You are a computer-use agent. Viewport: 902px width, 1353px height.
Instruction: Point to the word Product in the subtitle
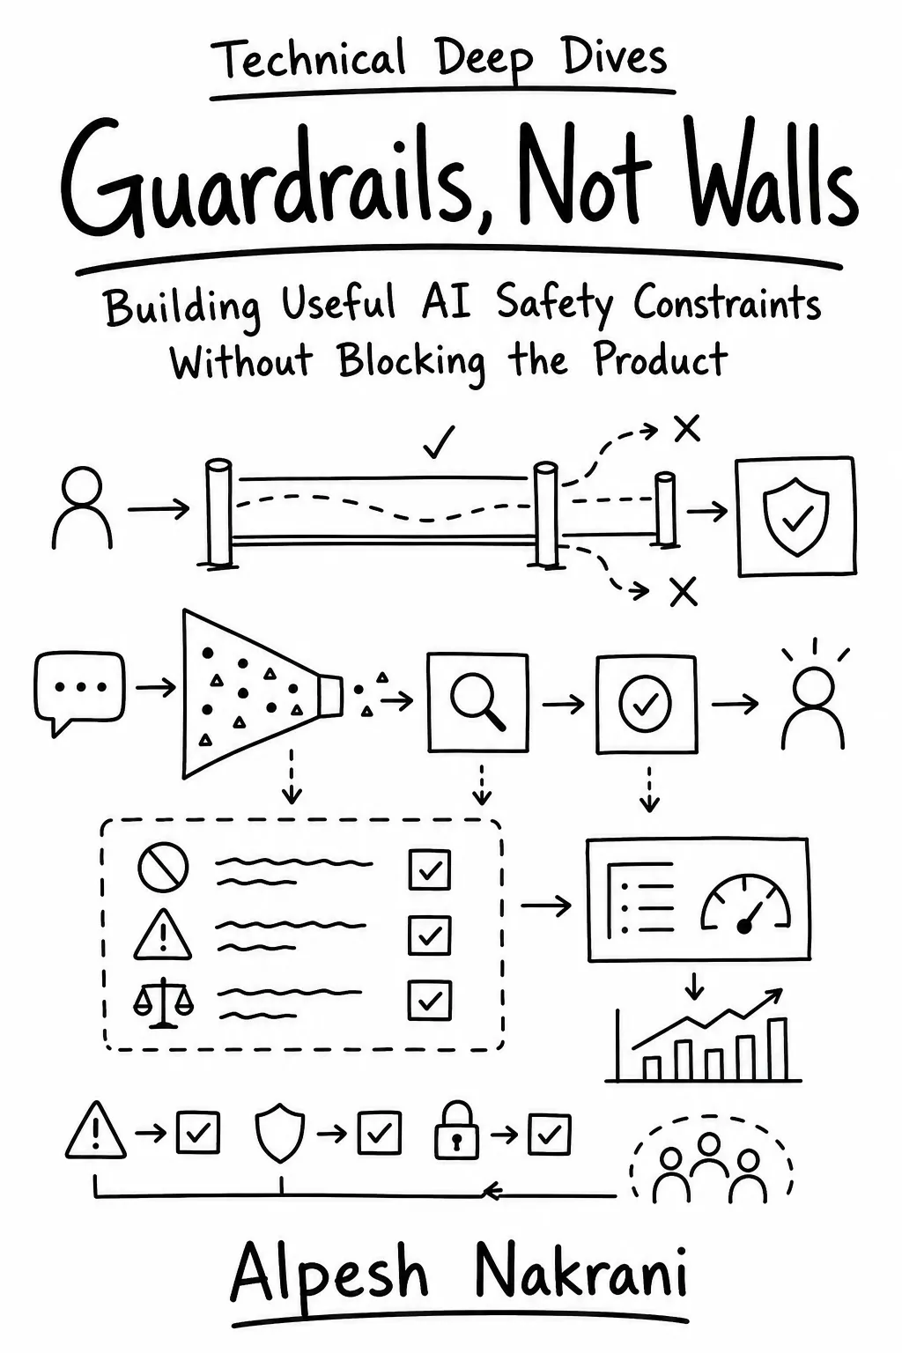pos(661,359)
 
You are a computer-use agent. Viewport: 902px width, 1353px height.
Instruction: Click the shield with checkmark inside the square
pos(796,516)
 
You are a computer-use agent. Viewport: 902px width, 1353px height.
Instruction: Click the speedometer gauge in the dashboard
pos(745,902)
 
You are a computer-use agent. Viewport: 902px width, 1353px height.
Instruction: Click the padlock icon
pos(457,1130)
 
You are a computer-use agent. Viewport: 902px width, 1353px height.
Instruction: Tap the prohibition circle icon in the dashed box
pos(162,868)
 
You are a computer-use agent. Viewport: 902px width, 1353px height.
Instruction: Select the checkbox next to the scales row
pos(430,1001)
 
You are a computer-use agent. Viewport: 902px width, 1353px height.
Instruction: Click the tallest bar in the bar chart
pos(777,1050)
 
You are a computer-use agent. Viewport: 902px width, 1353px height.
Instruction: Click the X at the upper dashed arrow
pos(686,429)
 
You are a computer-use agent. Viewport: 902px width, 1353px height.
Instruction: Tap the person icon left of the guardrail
pos(82,507)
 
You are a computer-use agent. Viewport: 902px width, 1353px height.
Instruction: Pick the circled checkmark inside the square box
pos(645,703)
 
